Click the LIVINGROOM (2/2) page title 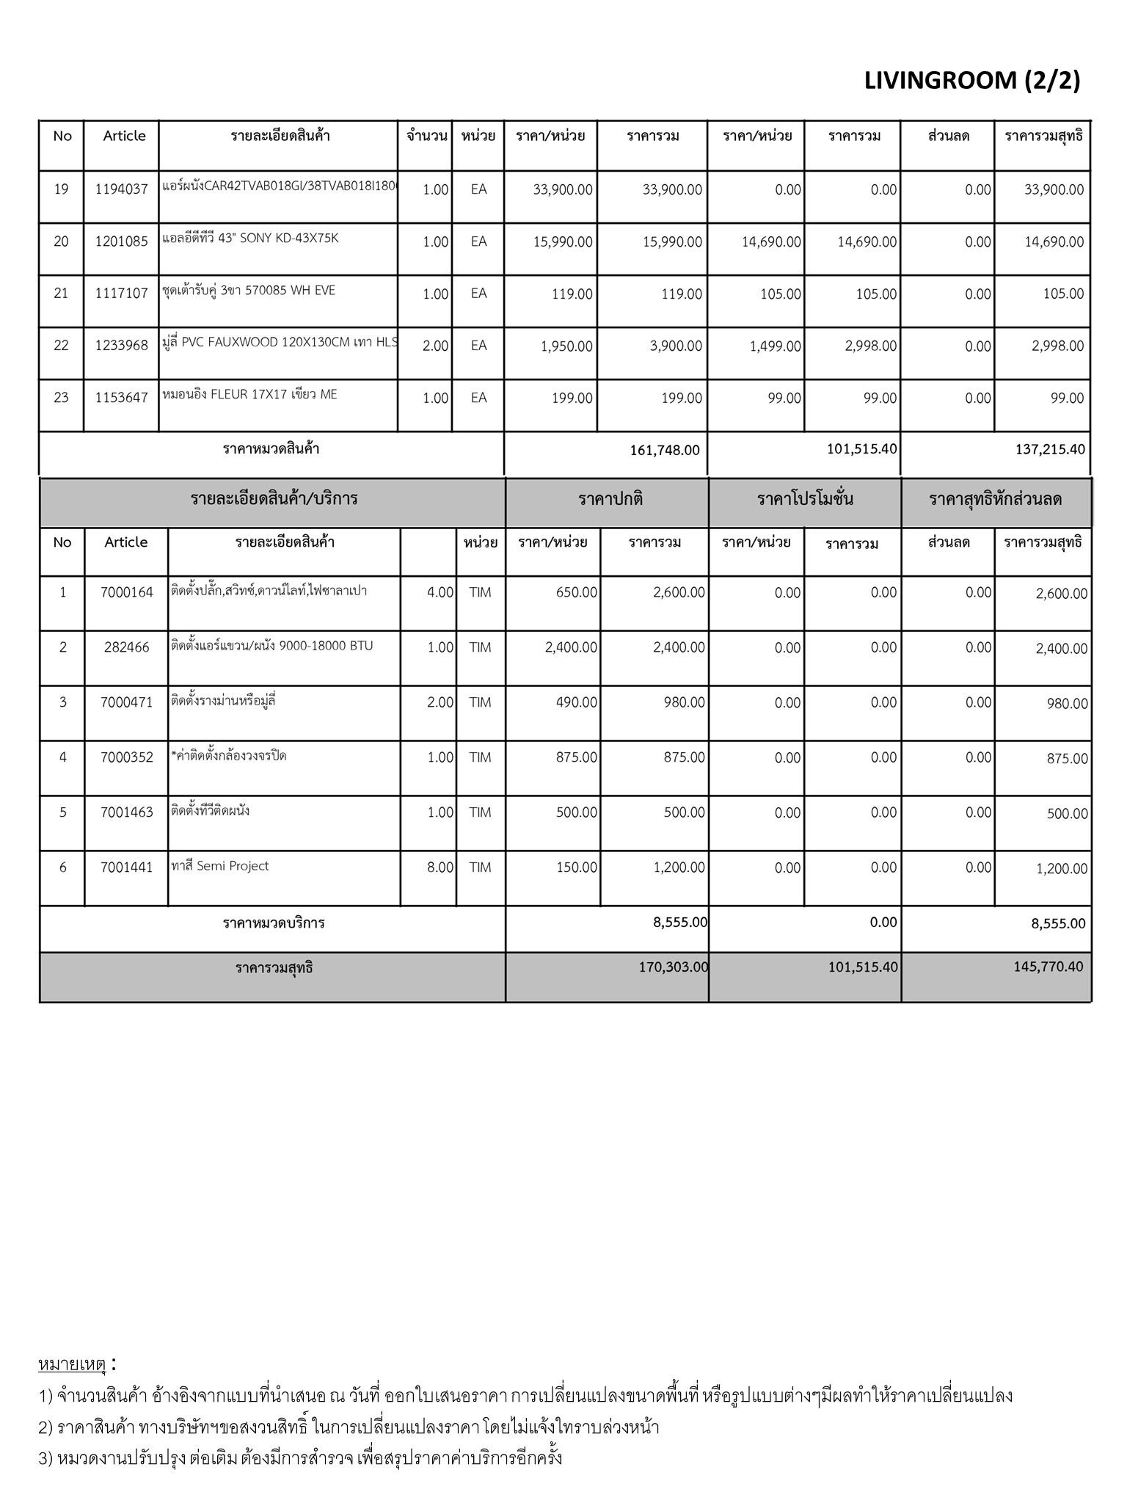click(971, 81)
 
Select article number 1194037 click(121, 189)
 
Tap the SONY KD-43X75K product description click(251, 239)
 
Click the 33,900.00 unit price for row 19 click(563, 189)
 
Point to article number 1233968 click(121, 346)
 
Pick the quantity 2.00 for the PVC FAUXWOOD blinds click(435, 346)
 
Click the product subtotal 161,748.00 click(665, 450)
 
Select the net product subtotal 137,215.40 click(1049, 449)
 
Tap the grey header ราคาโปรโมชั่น click(805, 500)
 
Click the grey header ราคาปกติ click(610, 500)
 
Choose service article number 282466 click(126, 647)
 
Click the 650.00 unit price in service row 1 click(577, 593)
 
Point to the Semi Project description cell click(220, 867)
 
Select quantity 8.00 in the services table click(440, 867)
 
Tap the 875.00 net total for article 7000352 click(1067, 759)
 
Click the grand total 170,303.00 click(673, 967)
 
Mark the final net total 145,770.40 click(1048, 967)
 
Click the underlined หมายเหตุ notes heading click(72, 1365)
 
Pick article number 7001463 click(126, 812)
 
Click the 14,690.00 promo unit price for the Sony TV click(771, 241)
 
